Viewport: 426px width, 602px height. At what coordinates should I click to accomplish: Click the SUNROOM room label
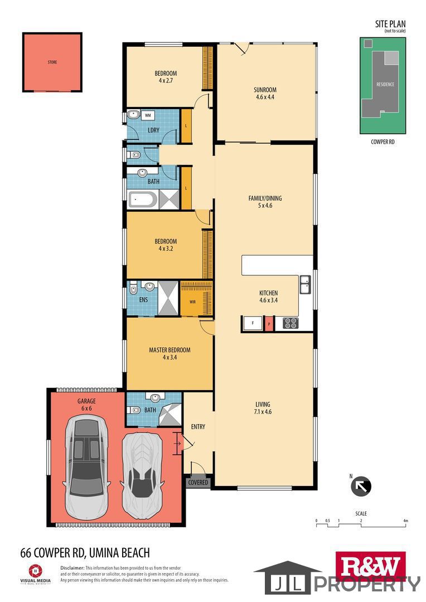pyautogui.click(x=265, y=90)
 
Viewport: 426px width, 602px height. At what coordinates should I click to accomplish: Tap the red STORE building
pyautogui.click(x=52, y=62)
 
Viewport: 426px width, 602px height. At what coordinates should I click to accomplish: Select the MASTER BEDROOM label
pyautogui.click(x=170, y=350)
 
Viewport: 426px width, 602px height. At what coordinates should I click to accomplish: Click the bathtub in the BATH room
pyautogui.click(x=143, y=200)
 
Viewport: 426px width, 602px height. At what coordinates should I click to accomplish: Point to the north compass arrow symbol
pyautogui.click(x=361, y=486)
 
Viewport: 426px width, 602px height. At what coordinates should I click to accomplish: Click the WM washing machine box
pyautogui.click(x=148, y=115)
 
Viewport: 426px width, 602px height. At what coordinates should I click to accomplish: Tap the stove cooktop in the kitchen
pyautogui.click(x=291, y=323)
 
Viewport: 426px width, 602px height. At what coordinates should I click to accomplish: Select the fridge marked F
pyautogui.click(x=253, y=323)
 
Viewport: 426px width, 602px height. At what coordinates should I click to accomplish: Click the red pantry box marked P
pyautogui.click(x=269, y=323)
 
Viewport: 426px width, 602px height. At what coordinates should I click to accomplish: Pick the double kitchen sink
pyautogui.click(x=305, y=284)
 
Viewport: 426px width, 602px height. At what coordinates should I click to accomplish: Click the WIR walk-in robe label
pyautogui.click(x=192, y=302)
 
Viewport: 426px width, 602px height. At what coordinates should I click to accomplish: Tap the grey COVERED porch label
pyautogui.click(x=198, y=482)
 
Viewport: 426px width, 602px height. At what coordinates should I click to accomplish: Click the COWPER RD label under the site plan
pyautogui.click(x=383, y=142)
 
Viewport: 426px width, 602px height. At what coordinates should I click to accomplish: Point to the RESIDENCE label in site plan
pyautogui.click(x=385, y=85)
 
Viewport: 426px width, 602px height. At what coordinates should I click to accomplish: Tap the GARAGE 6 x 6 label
pyautogui.click(x=86, y=405)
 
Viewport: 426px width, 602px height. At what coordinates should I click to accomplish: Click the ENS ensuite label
pyautogui.click(x=143, y=299)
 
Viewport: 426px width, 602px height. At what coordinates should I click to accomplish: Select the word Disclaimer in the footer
pyautogui.click(x=72, y=568)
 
